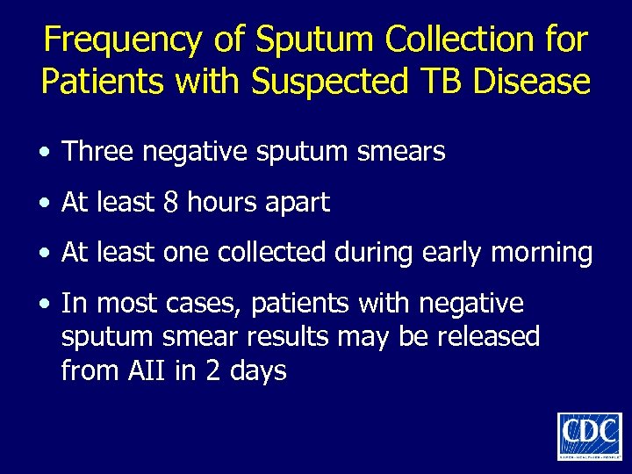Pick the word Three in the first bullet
94,152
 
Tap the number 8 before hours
171,203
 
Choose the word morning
542,254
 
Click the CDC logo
589,434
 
